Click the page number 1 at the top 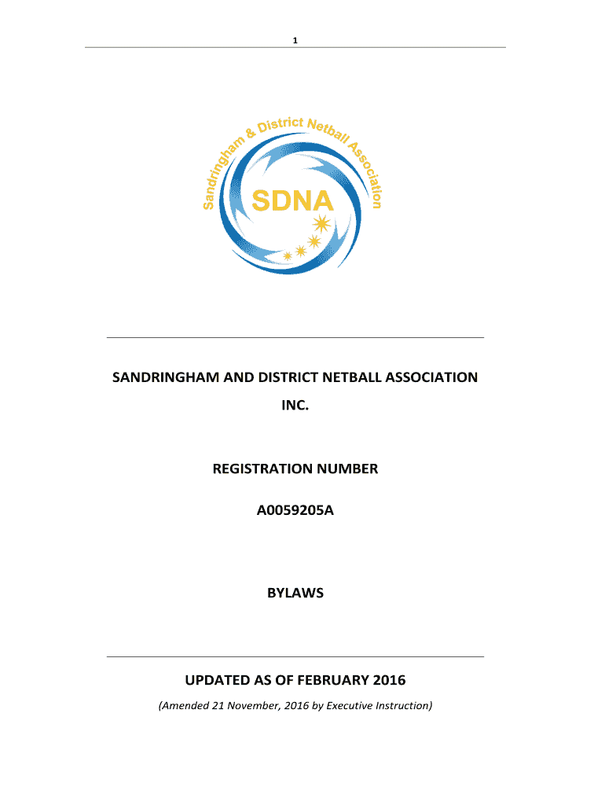(x=295, y=40)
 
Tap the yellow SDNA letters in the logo (x=292, y=202)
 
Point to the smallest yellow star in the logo (x=287, y=255)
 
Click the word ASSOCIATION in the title (x=431, y=377)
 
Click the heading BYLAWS (x=295, y=594)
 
